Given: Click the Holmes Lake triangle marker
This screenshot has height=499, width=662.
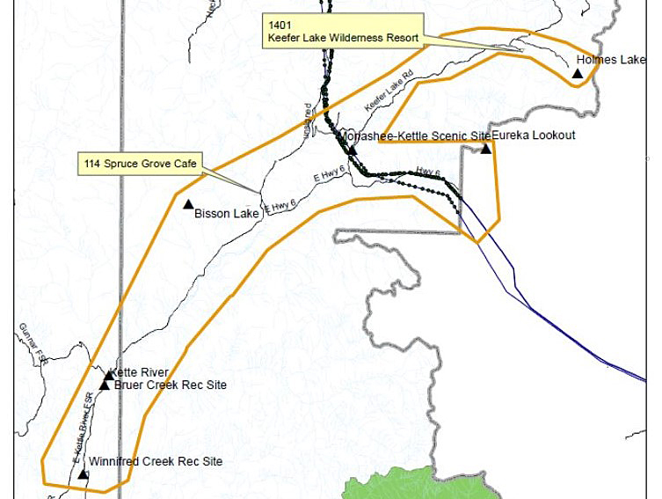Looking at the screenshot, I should point(578,73).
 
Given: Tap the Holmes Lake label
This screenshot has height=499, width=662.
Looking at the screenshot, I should point(610,60).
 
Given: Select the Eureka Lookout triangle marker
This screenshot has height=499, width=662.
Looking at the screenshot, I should point(486,149).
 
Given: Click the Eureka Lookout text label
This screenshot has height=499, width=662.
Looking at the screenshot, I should point(534,136).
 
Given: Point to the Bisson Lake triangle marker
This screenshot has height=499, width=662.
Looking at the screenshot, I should point(187,204).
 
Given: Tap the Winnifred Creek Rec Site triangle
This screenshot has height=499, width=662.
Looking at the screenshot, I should point(83,474).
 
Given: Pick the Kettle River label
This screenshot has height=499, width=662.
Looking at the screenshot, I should point(141,373).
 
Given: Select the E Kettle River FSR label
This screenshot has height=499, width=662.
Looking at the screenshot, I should point(83,427).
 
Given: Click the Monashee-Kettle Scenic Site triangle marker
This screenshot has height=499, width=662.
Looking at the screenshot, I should point(351,149).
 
